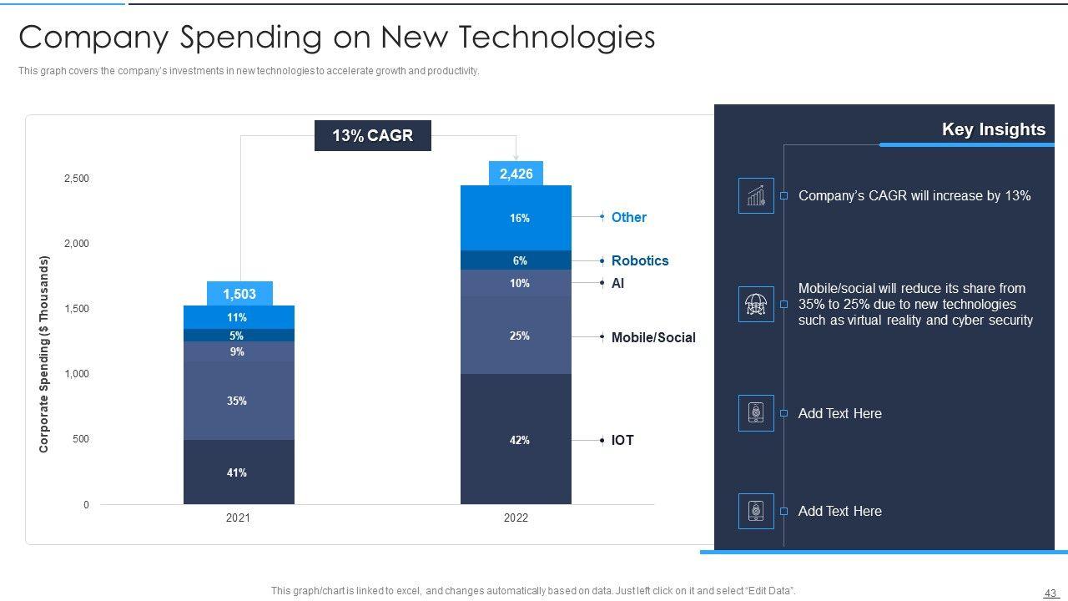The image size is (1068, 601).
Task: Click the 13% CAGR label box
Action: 372,136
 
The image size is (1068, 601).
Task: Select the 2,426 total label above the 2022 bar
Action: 516,174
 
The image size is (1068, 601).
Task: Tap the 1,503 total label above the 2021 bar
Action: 239,294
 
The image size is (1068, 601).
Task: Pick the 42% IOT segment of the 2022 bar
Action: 516,440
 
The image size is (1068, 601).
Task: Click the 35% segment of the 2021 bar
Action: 238,402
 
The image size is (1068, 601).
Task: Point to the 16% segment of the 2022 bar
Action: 516,218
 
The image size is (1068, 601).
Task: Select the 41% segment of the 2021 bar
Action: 238,472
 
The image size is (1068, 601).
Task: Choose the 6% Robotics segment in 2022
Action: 516,260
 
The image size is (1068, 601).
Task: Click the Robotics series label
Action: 640,260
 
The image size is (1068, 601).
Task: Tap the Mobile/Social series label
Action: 652,337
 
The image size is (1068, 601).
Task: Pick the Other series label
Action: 628,217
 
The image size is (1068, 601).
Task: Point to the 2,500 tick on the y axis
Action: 77,179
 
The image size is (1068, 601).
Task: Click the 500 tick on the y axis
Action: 81,439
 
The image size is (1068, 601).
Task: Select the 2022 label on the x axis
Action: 516,518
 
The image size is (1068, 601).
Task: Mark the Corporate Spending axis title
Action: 44,354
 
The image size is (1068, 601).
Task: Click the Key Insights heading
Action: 993,129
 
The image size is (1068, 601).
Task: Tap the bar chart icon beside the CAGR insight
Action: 756,196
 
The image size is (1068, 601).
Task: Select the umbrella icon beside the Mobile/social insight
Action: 756,305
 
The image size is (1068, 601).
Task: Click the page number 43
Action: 1050,593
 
